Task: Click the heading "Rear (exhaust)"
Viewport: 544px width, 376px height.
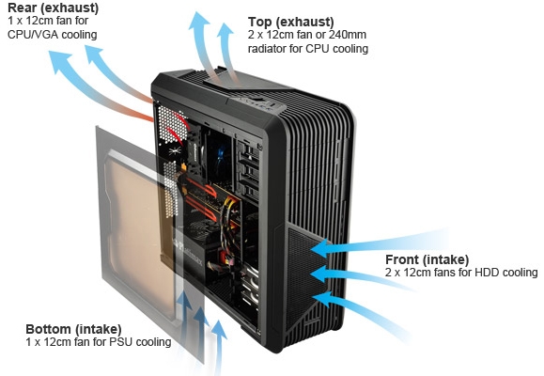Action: point(53,8)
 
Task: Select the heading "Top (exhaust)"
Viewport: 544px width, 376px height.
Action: point(290,22)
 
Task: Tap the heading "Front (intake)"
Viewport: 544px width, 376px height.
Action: point(427,259)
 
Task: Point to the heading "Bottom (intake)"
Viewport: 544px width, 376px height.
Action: point(73,329)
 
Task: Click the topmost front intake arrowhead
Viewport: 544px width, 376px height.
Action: point(319,248)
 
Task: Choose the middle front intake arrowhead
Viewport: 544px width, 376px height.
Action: point(319,274)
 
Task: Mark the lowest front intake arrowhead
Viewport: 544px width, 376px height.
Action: point(322,299)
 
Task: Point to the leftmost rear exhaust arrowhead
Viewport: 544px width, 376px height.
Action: point(59,61)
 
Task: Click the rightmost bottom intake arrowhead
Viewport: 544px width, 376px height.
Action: point(219,330)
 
